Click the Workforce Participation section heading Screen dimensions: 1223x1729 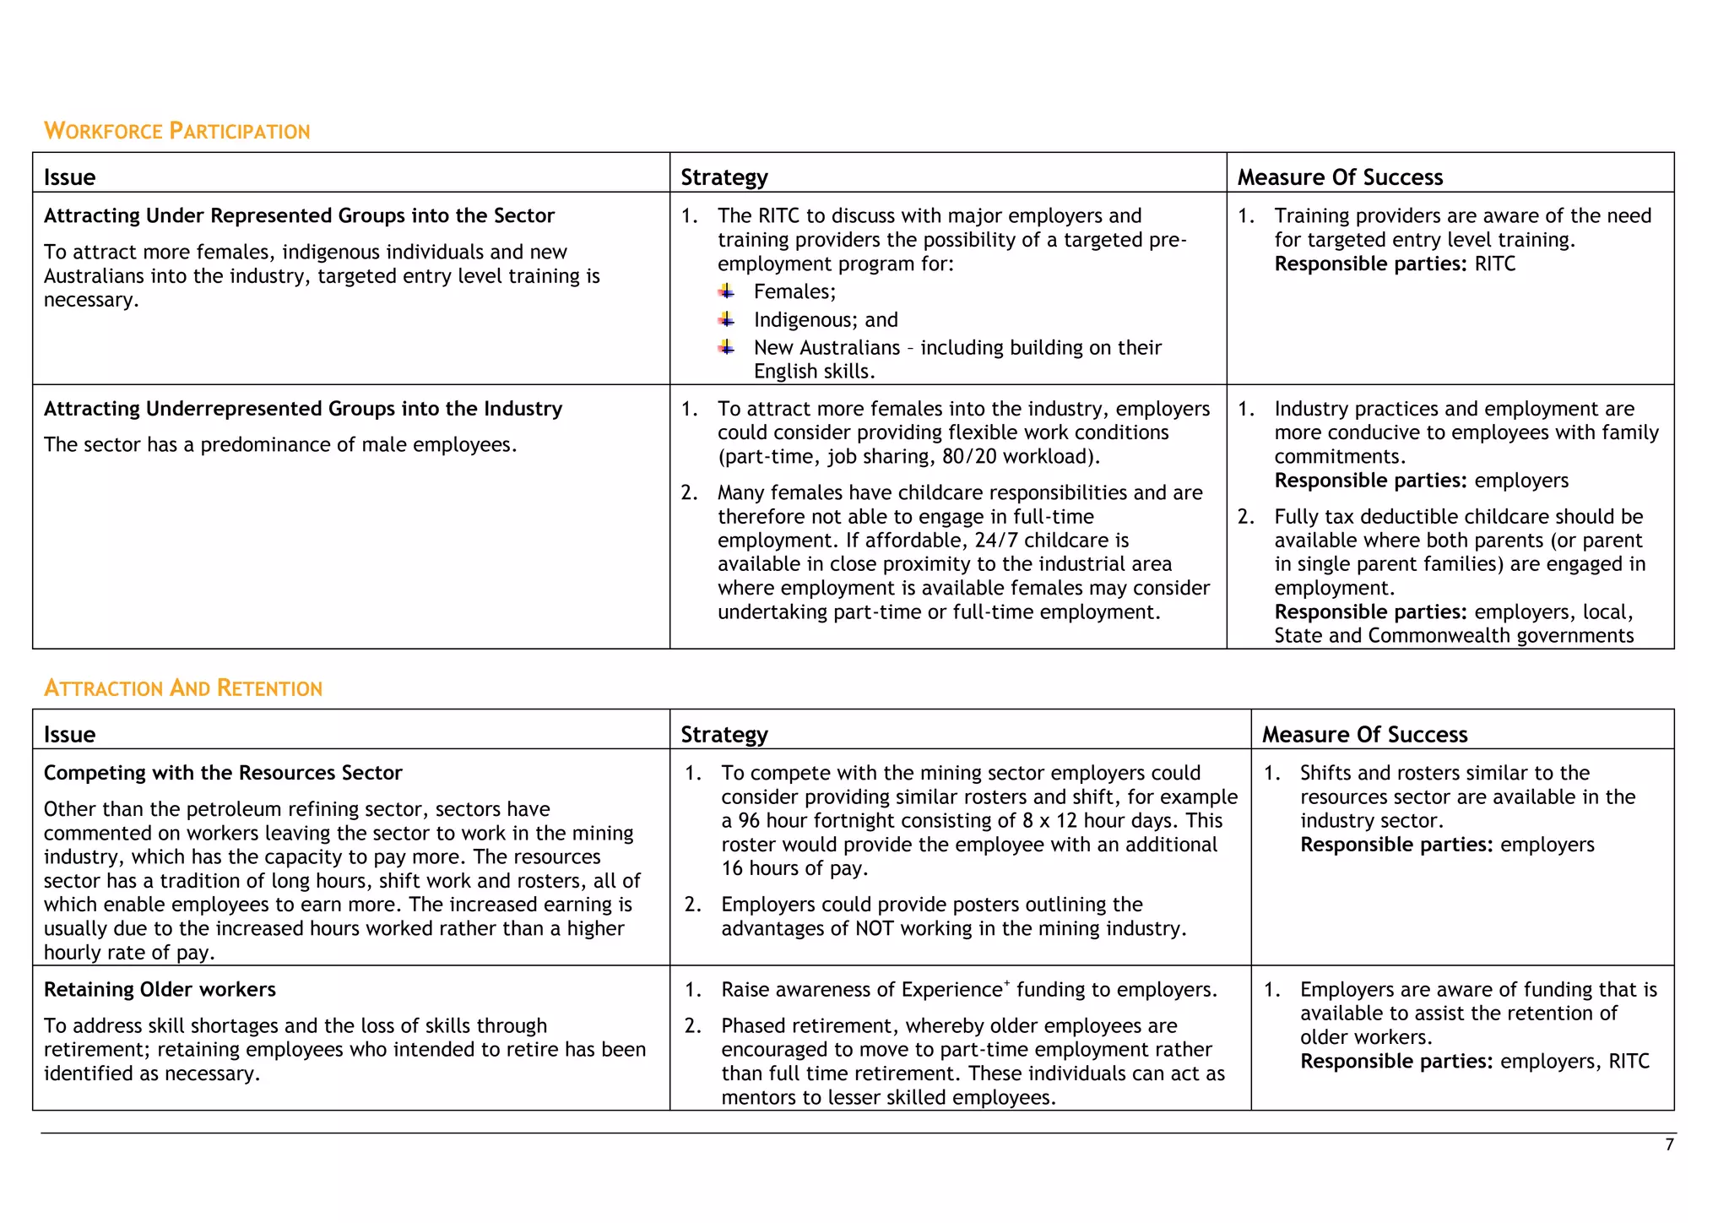[176, 131]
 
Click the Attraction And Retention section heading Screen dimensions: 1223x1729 [182, 688]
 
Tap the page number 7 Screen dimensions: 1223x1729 [1669, 1144]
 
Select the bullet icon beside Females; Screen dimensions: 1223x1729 [726, 291]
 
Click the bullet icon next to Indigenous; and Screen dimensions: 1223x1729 [726, 319]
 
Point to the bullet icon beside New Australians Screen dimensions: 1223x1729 [726, 347]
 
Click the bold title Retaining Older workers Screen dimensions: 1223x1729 [160, 989]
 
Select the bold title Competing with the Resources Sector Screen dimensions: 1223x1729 [223, 773]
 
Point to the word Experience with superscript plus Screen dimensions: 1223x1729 [951, 990]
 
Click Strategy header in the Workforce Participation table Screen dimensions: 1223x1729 [724, 177]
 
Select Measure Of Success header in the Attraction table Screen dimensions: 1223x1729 [1364, 735]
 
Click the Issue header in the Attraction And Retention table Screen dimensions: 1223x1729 [69, 735]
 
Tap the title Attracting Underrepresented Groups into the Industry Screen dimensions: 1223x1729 [303, 409]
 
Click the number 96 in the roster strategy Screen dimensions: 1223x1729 [749, 821]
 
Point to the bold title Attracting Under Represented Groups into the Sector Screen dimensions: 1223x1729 [299, 216]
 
